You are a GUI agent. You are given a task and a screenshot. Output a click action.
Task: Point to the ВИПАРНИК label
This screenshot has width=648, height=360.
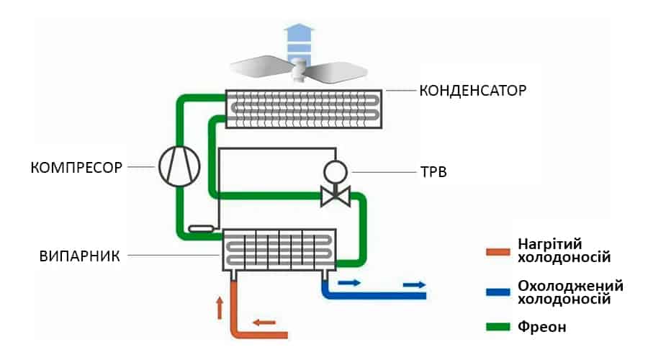79,255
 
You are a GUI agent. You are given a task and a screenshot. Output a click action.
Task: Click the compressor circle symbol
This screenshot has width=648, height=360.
178,166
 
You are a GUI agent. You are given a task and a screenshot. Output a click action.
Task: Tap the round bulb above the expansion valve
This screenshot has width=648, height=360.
335,171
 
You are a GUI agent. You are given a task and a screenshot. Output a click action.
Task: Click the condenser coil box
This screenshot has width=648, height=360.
305,108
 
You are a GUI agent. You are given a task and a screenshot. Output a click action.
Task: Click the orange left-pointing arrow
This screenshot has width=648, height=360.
264,322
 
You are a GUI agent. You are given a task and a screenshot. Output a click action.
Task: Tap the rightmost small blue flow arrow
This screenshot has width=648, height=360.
413,285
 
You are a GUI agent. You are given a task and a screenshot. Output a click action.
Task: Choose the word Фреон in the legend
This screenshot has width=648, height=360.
542,327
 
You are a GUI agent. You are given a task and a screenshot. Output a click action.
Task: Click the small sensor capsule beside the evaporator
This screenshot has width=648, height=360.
201,229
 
